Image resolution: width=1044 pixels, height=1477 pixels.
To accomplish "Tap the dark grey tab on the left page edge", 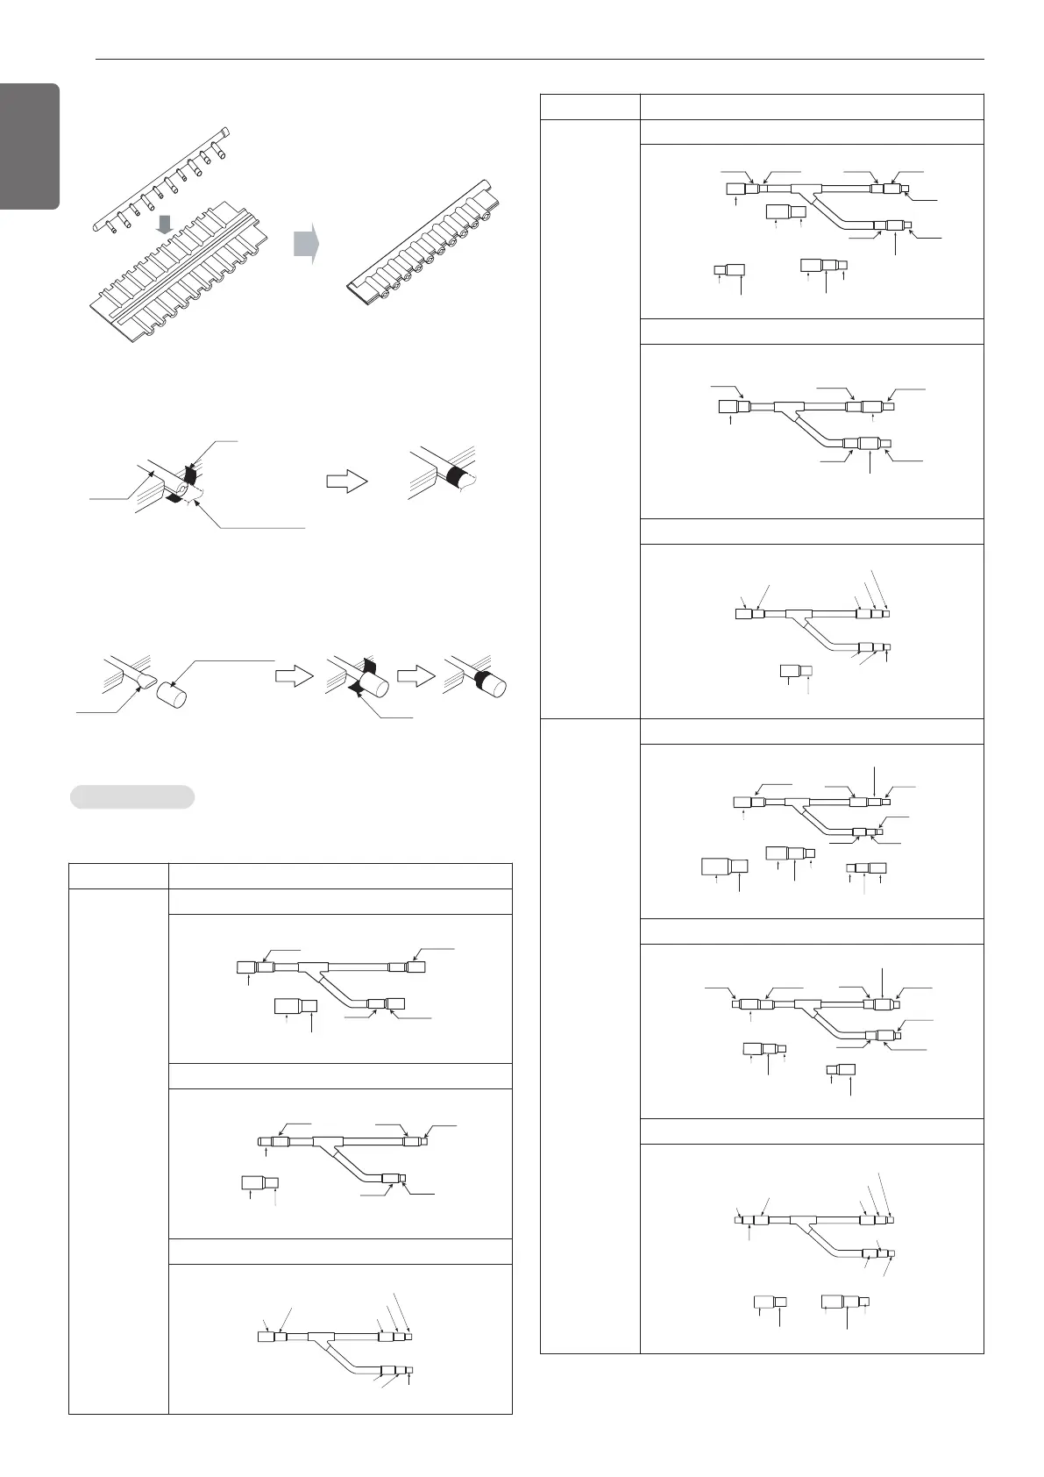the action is tap(29, 146).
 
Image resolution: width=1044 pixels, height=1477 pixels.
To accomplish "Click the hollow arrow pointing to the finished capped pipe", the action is tap(417, 676).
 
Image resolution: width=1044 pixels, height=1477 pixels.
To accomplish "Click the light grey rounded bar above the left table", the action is tap(131, 796).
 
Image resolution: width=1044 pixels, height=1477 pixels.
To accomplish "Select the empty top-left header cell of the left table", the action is tap(118, 876).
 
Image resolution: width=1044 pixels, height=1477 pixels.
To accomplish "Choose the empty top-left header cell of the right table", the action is tap(590, 106).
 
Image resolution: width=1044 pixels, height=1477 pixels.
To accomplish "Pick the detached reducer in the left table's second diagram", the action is tap(259, 1182).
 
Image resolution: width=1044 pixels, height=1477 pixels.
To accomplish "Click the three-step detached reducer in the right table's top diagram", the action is tap(825, 264).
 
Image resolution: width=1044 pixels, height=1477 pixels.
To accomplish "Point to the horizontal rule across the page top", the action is tap(539, 61).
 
